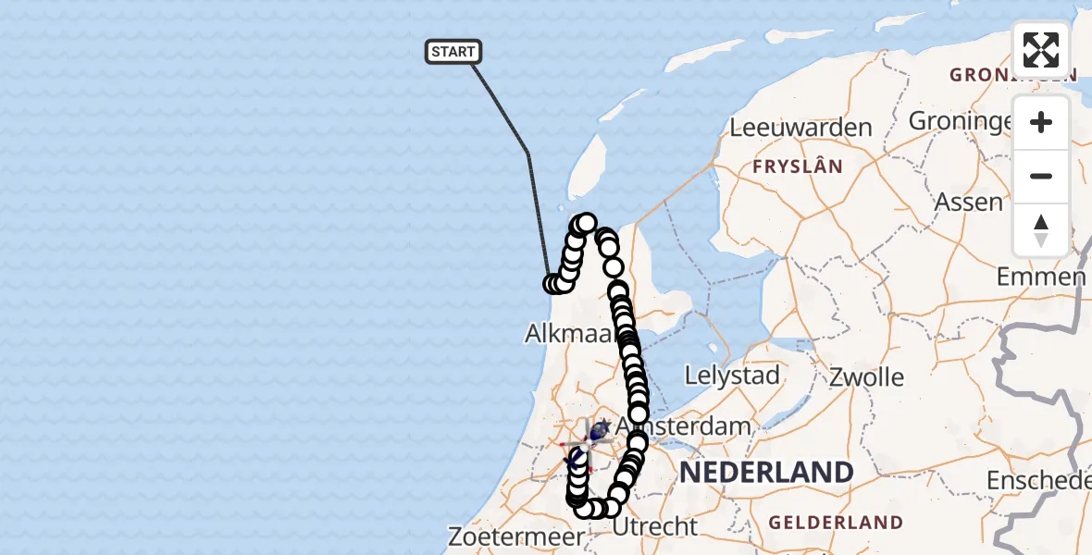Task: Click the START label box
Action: tap(453, 52)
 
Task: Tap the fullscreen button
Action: tap(1041, 49)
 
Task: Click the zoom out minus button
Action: tap(1041, 176)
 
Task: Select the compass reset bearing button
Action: tap(1041, 229)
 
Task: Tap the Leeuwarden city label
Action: tap(801, 128)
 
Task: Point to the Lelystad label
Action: tap(732, 376)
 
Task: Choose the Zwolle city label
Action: tap(866, 376)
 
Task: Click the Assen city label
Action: tap(969, 202)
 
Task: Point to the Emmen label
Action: tap(1041, 277)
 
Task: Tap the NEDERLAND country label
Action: tap(766, 473)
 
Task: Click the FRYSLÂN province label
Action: tap(798, 167)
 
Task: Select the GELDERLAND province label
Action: tap(836, 523)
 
